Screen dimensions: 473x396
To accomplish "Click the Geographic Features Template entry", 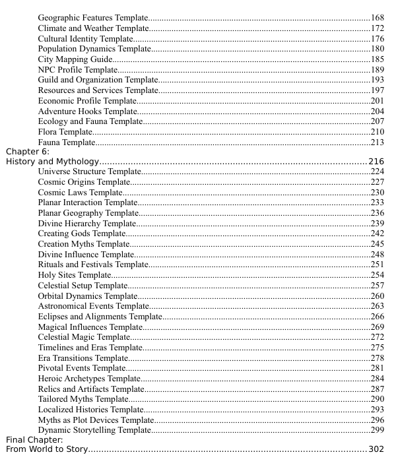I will [x=93, y=16].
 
